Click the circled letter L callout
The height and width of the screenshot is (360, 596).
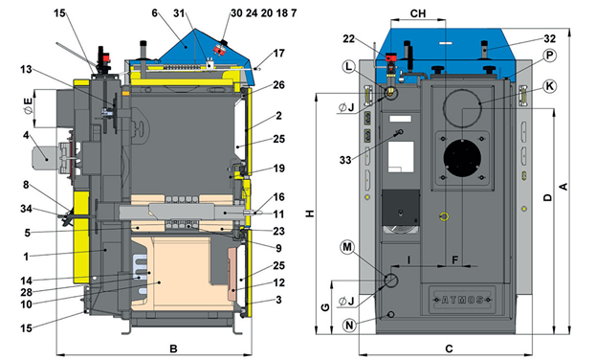[x=348, y=67]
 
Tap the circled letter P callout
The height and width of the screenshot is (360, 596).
[x=549, y=56]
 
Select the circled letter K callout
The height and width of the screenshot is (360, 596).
[x=549, y=86]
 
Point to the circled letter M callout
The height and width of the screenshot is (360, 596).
[x=347, y=247]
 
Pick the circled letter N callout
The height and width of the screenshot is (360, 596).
[x=350, y=326]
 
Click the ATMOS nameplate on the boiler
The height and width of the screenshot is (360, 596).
[x=462, y=300]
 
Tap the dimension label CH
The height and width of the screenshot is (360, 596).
[x=418, y=13]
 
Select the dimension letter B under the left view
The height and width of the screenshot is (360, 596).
[x=173, y=349]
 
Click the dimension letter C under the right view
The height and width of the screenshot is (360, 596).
[x=449, y=349]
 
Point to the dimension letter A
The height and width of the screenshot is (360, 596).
[x=563, y=187]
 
